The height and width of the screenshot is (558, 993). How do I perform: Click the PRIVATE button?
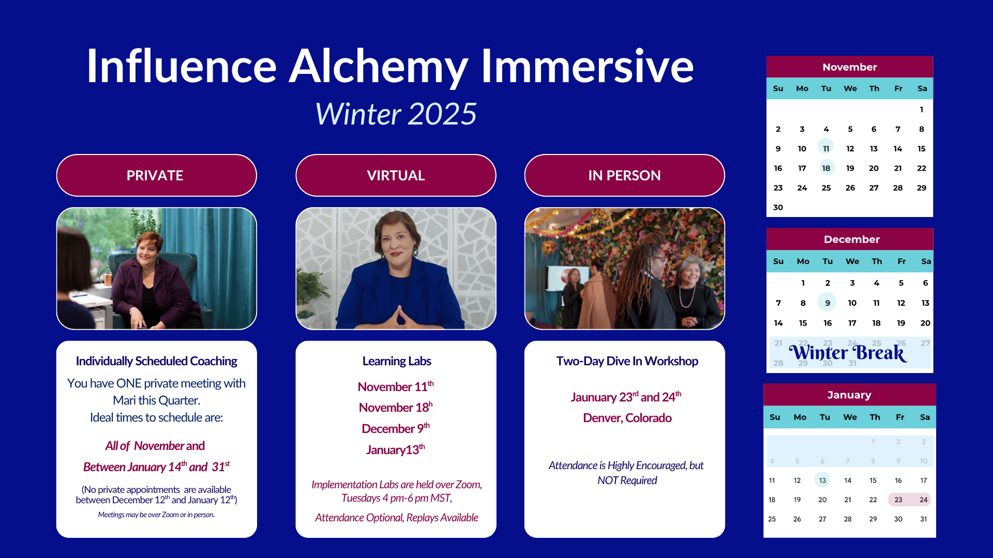156,175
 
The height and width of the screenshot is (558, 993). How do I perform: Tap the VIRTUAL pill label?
396,175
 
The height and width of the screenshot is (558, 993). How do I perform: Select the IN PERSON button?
624,175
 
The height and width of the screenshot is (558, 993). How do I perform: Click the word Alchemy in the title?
379,67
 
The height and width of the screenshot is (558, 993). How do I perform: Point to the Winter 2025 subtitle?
396,114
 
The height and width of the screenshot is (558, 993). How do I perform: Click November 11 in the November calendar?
826,148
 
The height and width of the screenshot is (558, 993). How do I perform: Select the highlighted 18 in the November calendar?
826,168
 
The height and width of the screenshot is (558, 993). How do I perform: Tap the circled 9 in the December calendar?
827,303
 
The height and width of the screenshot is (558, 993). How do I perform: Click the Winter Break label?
848,353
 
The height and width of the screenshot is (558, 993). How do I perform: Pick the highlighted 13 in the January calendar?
822,480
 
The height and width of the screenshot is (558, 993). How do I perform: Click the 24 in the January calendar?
923,500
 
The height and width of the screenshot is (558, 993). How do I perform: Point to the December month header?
851,239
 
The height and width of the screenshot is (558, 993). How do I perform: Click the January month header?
849,395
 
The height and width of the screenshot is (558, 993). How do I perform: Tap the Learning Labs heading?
397,361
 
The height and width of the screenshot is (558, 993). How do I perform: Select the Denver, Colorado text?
627,418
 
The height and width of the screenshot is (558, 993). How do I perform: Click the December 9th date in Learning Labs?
396,428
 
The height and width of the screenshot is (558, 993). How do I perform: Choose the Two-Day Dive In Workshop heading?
627,361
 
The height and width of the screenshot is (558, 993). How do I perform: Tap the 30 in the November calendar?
778,207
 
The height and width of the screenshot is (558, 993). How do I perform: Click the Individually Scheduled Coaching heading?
156,361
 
